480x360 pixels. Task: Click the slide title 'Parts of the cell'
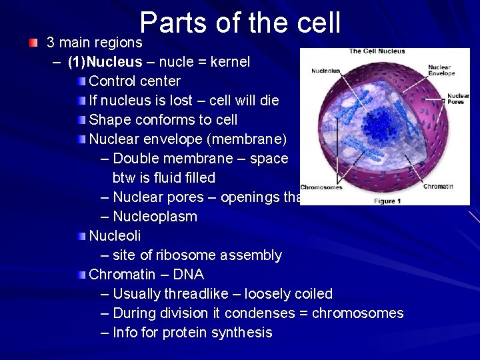tap(240, 23)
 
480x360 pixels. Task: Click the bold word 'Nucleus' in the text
tap(115, 62)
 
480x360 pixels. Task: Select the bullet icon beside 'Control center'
tap(81, 81)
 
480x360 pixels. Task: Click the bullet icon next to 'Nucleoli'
tap(81, 236)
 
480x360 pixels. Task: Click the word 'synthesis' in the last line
tap(242, 333)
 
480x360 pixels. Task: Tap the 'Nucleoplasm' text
tap(155, 217)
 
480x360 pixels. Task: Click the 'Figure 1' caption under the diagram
tap(387, 201)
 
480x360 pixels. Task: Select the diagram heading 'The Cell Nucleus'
tap(377, 51)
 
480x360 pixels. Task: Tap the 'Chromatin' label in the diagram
tap(438, 187)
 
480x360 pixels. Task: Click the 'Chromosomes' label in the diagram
tap(321, 187)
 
